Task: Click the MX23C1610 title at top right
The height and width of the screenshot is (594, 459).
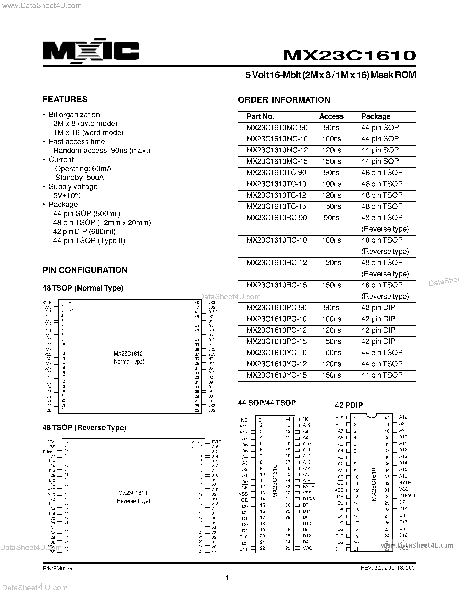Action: pyautogui.click(x=349, y=55)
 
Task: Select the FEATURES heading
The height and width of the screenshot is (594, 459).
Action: pyautogui.click(x=65, y=99)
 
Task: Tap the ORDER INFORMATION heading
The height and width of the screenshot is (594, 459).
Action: pyautogui.click(x=284, y=100)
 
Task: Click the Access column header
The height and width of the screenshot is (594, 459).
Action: pyautogui.click(x=331, y=116)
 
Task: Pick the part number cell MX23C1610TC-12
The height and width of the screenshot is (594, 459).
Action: pyautogui.click(x=276, y=195)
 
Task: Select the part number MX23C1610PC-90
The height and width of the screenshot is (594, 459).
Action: pyautogui.click(x=276, y=308)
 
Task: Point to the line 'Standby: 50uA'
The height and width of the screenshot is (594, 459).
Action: pyautogui.click(x=79, y=178)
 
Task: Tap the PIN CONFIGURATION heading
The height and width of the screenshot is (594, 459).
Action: pyautogui.click(x=85, y=270)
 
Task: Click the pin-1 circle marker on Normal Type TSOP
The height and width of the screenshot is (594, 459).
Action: pyautogui.click(x=70, y=307)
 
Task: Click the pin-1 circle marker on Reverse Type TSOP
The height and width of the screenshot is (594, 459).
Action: pyautogui.click(x=195, y=445)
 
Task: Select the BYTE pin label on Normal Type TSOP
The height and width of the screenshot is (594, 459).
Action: pyautogui.click(x=47, y=302)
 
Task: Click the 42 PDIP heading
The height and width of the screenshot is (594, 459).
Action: pyautogui.click(x=349, y=405)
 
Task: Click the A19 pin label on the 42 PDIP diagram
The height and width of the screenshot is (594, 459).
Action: pyautogui.click(x=403, y=417)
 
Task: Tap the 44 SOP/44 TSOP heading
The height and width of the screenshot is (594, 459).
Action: pyautogui.click(x=267, y=403)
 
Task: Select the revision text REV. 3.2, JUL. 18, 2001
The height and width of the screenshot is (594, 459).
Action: pyautogui.click(x=389, y=568)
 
